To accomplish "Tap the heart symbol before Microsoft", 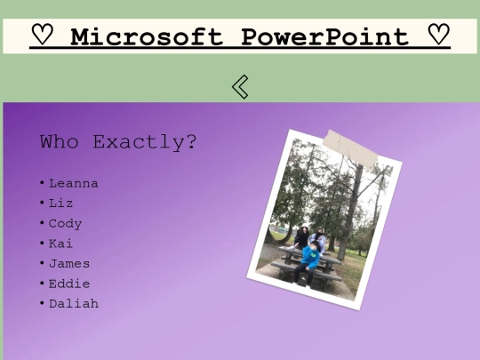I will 43,36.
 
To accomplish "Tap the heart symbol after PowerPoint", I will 437,36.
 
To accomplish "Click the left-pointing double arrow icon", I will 239,86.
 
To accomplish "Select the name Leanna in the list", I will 73,183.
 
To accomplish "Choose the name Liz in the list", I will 61,204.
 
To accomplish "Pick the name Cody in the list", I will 65,223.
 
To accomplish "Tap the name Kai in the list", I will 60,244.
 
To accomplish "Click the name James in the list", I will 69,263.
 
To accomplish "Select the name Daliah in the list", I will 73,304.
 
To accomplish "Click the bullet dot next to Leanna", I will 42,183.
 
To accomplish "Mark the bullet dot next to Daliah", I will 42,304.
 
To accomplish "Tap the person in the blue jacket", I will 310,258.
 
